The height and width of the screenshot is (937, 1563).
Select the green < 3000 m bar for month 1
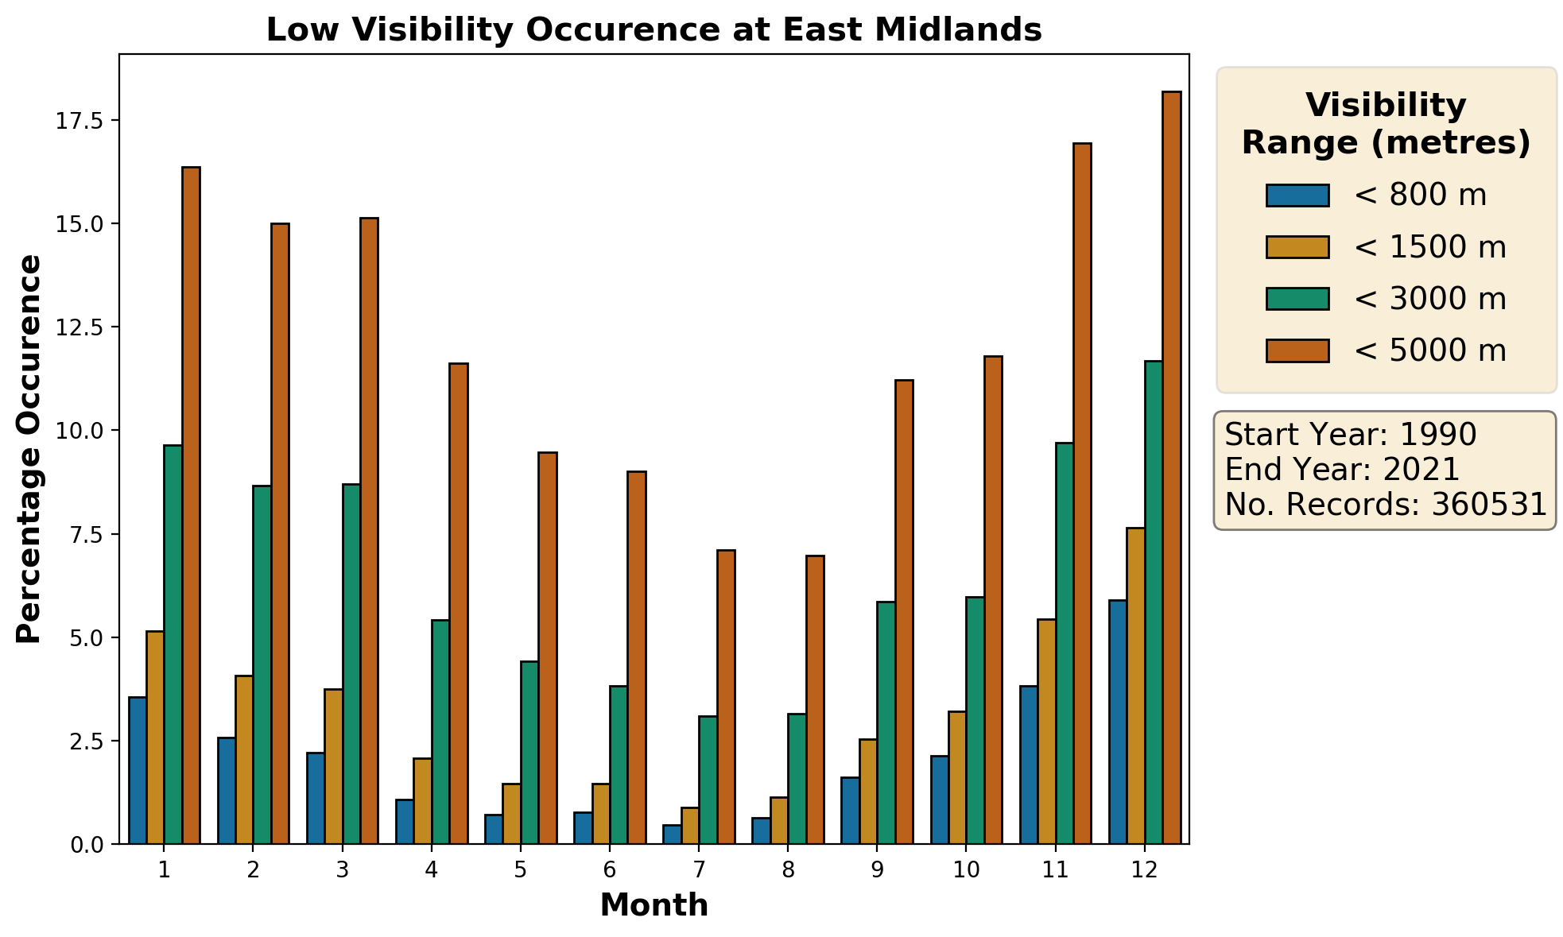pyautogui.click(x=173, y=644)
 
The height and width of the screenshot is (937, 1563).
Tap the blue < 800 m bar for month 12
pyautogui.click(x=1119, y=722)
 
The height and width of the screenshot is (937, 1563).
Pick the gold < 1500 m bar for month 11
pyautogui.click(x=1047, y=731)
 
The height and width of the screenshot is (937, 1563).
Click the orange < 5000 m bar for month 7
pyautogui.click(x=726, y=696)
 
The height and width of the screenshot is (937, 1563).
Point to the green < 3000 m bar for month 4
pyautogui.click(x=440, y=731)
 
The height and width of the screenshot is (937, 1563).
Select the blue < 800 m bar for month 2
pyautogui.click(x=227, y=790)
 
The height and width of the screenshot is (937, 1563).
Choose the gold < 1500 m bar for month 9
pyautogui.click(x=868, y=791)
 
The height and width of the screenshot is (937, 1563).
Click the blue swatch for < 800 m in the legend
pyautogui.click(x=1297, y=196)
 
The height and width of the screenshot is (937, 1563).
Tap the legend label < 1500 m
pyautogui.click(x=1429, y=247)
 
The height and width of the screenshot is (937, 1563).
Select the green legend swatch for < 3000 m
pyautogui.click(x=1297, y=299)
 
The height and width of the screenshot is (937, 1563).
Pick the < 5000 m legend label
pyautogui.click(x=1429, y=350)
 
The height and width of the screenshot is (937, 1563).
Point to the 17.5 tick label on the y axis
pyautogui.click(x=80, y=121)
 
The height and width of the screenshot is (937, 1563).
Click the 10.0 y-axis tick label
pyautogui.click(x=80, y=431)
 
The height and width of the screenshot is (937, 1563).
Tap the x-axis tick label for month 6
pyautogui.click(x=610, y=870)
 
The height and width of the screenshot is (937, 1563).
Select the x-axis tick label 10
pyautogui.click(x=966, y=870)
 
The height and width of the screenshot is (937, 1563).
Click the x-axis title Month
pyautogui.click(x=654, y=905)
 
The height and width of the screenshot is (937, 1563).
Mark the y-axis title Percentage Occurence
pyautogui.click(x=29, y=449)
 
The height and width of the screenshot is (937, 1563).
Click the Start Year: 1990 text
pyautogui.click(x=1350, y=435)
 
